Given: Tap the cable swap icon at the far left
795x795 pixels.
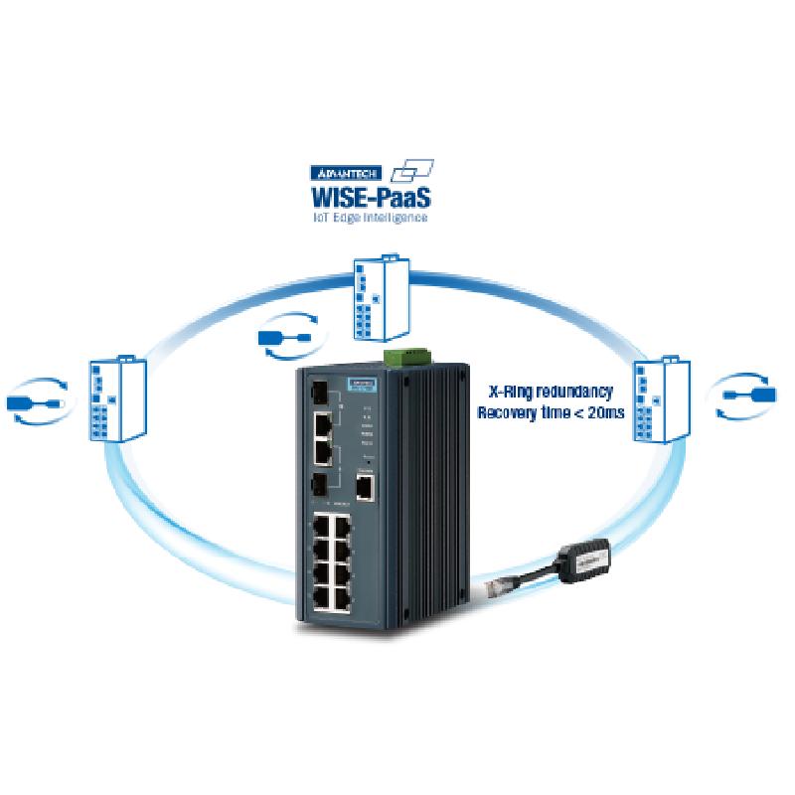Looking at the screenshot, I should pyautogui.click(x=36, y=400).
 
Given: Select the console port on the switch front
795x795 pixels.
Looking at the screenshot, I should pyautogui.click(x=365, y=487).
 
